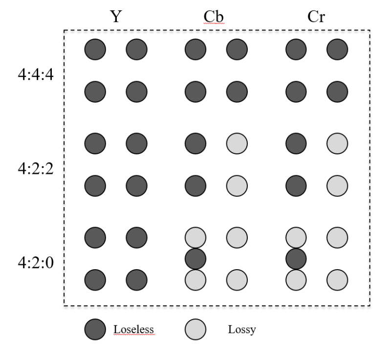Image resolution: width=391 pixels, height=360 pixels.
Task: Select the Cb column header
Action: click(x=215, y=17)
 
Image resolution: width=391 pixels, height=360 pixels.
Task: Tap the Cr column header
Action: click(x=315, y=17)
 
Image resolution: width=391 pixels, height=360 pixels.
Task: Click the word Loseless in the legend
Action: click(x=134, y=330)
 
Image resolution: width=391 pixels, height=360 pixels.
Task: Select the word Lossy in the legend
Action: click(x=242, y=330)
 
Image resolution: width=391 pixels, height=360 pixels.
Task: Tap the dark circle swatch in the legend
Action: click(x=94, y=330)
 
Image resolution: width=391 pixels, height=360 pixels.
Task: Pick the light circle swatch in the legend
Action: click(x=195, y=330)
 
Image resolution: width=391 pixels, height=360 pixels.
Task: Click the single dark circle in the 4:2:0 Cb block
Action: click(x=195, y=258)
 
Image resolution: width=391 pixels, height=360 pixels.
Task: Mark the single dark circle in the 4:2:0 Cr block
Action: click(x=296, y=258)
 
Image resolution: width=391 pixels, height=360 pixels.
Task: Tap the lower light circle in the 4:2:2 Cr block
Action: click(x=337, y=185)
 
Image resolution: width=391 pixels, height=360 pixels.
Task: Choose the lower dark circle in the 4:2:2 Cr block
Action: click(x=296, y=185)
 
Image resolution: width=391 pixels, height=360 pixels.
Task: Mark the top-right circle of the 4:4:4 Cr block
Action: click(x=337, y=49)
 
